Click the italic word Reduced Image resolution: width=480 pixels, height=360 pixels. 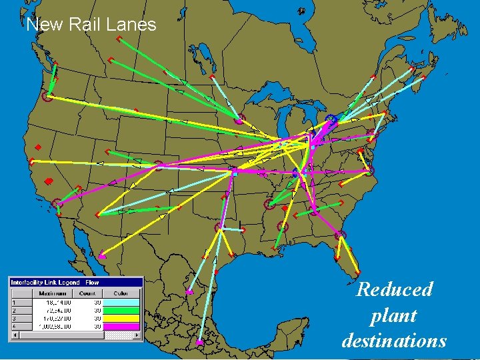(394, 289)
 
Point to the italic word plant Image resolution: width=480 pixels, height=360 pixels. (393, 315)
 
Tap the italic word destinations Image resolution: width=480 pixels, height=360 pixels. (394, 340)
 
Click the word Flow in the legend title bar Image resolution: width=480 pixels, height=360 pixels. (92, 283)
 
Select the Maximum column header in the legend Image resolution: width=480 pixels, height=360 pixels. (52, 293)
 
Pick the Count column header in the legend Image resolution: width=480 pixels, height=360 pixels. (87, 293)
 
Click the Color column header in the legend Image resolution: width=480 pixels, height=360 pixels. (121, 293)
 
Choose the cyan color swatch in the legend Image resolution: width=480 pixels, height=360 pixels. (121, 302)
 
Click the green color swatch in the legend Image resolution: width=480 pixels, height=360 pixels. (121, 310)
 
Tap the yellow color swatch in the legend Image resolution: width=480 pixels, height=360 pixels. (121, 318)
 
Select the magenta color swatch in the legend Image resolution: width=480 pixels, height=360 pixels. (121, 326)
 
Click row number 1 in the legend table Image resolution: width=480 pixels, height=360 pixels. (13, 302)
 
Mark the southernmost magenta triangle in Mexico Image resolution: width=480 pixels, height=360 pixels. (199, 343)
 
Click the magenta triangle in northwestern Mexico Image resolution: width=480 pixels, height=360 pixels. (102, 255)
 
